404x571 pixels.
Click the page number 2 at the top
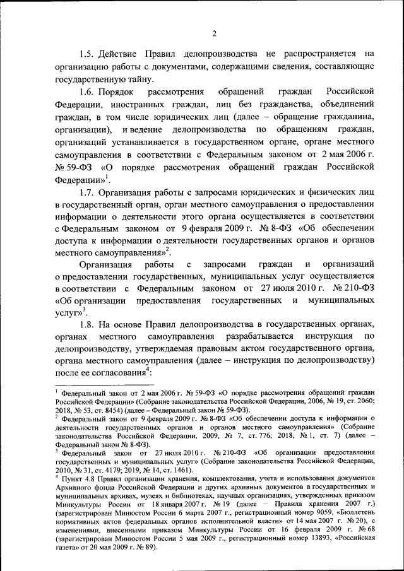click(215, 33)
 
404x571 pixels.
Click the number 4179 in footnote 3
click(126, 471)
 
